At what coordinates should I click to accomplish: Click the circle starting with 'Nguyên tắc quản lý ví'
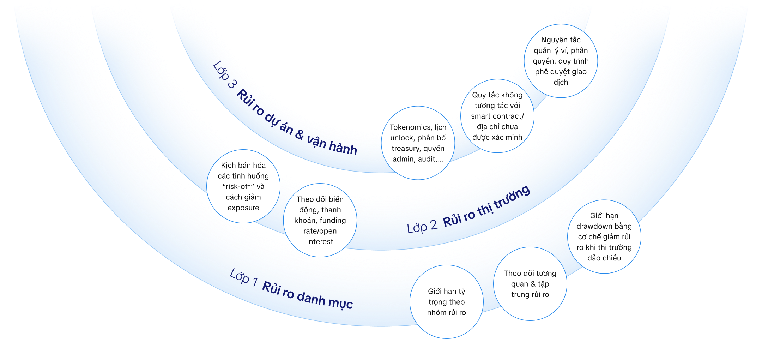pyautogui.click(x=561, y=61)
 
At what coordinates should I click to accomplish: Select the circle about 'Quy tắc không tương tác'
pyautogui.click(x=497, y=116)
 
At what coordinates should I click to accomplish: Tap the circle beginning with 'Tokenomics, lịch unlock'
pyautogui.click(x=418, y=143)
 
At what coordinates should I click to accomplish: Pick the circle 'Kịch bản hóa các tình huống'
pyautogui.click(x=243, y=186)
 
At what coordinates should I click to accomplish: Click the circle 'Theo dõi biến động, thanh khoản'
pyautogui.click(x=320, y=220)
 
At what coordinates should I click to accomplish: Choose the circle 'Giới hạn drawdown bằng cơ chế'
pyautogui.click(x=604, y=236)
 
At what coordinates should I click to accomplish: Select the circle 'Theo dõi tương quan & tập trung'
pyautogui.click(x=530, y=284)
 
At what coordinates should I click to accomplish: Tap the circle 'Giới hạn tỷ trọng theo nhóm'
pyautogui.click(x=446, y=302)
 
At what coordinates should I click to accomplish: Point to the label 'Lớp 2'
pyautogui.click(x=422, y=227)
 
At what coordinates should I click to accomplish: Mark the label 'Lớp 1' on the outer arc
pyautogui.click(x=243, y=277)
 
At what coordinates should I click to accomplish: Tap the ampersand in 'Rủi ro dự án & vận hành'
pyautogui.click(x=299, y=134)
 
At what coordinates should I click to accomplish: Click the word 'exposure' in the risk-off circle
pyautogui.click(x=243, y=208)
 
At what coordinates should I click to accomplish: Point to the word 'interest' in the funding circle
pyautogui.click(x=320, y=242)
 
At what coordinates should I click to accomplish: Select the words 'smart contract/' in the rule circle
pyautogui.click(x=497, y=116)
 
